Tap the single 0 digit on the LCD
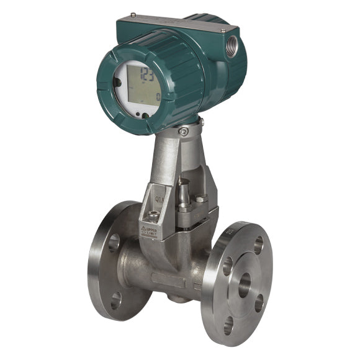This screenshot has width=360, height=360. point(158,97)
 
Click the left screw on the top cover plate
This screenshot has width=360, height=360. point(133,14)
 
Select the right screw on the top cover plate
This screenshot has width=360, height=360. point(223,29)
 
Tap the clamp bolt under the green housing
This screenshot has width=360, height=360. point(183,131)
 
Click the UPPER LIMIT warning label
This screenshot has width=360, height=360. point(150,232)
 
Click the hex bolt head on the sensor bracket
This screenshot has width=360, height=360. point(200,199)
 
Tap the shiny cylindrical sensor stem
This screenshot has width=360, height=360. point(184,191)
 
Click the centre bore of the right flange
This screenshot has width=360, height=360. point(244,284)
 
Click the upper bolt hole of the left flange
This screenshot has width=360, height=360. point(114,243)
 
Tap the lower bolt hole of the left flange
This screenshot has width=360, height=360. point(115,300)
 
